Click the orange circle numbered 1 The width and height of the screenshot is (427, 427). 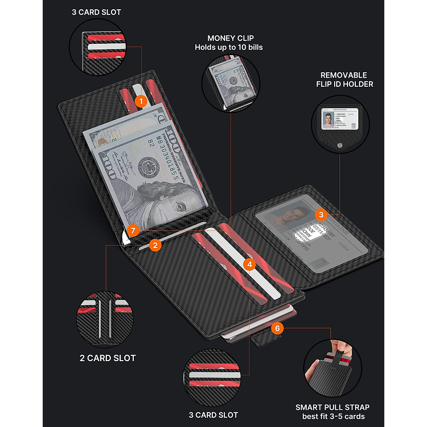[x=141, y=101]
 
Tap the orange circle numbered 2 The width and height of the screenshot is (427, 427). [x=155, y=245]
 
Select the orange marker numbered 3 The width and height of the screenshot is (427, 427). [x=321, y=215]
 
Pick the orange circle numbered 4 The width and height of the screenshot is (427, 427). [x=249, y=264]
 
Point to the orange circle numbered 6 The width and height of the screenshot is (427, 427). [x=278, y=328]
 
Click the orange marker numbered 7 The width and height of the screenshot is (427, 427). [x=133, y=231]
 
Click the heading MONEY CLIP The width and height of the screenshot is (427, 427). [x=231, y=38]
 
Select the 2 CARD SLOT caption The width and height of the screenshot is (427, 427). [x=108, y=358]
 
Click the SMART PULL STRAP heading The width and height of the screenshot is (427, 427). [x=332, y=407]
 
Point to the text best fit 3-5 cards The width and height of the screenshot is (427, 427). [x=333, y=416]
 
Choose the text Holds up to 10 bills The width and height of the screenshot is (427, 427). [x=229, y=47]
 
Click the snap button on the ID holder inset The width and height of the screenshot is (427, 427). [x=340, y=145]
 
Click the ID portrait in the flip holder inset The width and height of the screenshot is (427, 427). [x=328, y=119]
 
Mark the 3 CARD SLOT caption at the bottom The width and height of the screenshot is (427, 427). [x=213, y=415]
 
